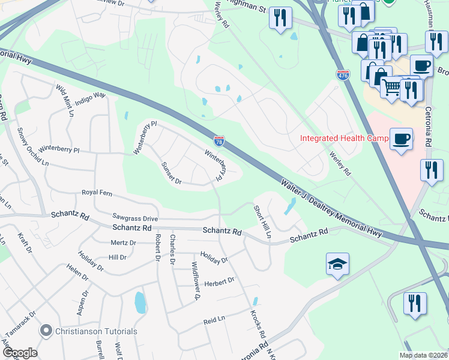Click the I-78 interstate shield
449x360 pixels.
219,141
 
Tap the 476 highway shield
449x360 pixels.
343,74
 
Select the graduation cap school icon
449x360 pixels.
337,264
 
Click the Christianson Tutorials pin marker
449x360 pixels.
46,331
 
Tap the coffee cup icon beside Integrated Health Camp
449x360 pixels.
401,139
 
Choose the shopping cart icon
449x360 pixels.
391,88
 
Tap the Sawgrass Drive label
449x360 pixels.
135,218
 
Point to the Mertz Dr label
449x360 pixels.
124,242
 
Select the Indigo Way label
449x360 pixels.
89,95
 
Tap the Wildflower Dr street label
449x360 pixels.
195,280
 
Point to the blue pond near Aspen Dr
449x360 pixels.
140,303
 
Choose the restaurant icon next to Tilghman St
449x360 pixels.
280,18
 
